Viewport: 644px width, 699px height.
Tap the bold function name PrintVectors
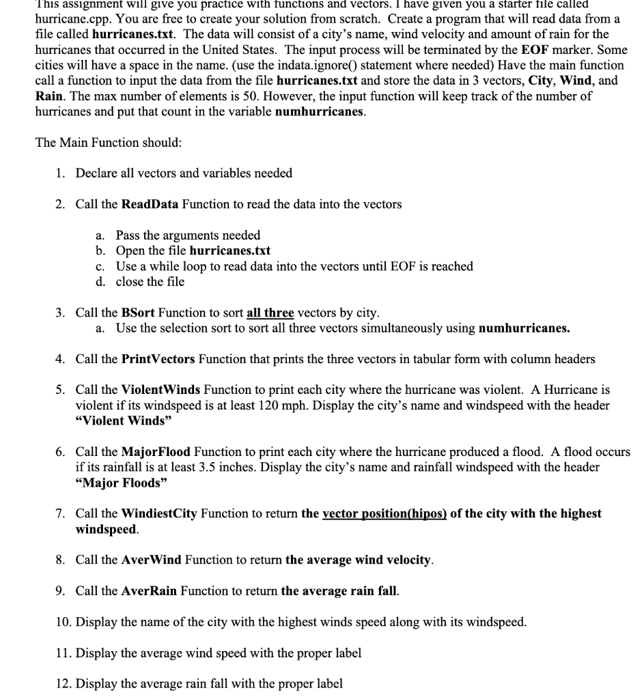158,358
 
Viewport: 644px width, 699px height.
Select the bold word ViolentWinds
160,390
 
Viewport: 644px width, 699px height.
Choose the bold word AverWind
151,560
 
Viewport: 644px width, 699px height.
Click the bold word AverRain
149,591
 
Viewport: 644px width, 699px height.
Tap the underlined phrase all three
270,313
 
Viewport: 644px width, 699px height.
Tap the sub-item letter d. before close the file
100,281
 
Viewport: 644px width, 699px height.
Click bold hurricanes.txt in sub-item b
229,251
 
